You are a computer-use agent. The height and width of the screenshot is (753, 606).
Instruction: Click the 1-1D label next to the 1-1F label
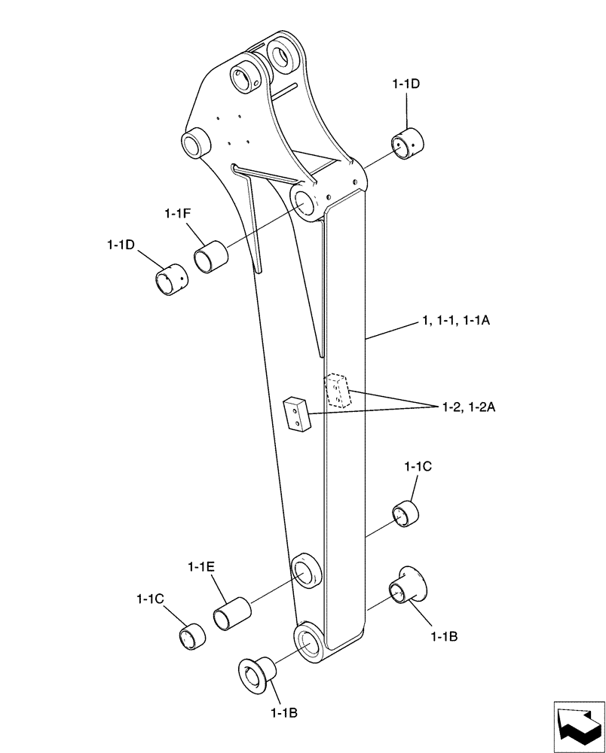pos(121,245)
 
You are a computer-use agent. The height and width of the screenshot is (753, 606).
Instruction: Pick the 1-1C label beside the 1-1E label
pos(151,599)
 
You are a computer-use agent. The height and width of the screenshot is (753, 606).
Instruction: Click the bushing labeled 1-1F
pos(210,256)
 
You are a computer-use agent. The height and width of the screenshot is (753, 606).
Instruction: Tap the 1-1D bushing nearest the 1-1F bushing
pos(171,279)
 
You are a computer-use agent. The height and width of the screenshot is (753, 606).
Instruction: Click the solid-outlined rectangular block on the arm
pos(295,415)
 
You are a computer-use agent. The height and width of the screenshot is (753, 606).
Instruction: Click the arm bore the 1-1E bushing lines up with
pos(305,572)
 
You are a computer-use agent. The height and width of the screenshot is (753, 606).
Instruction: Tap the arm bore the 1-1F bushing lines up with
pos(307,203)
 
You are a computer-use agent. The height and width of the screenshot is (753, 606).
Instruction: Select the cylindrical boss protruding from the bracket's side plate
pos(194,142)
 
